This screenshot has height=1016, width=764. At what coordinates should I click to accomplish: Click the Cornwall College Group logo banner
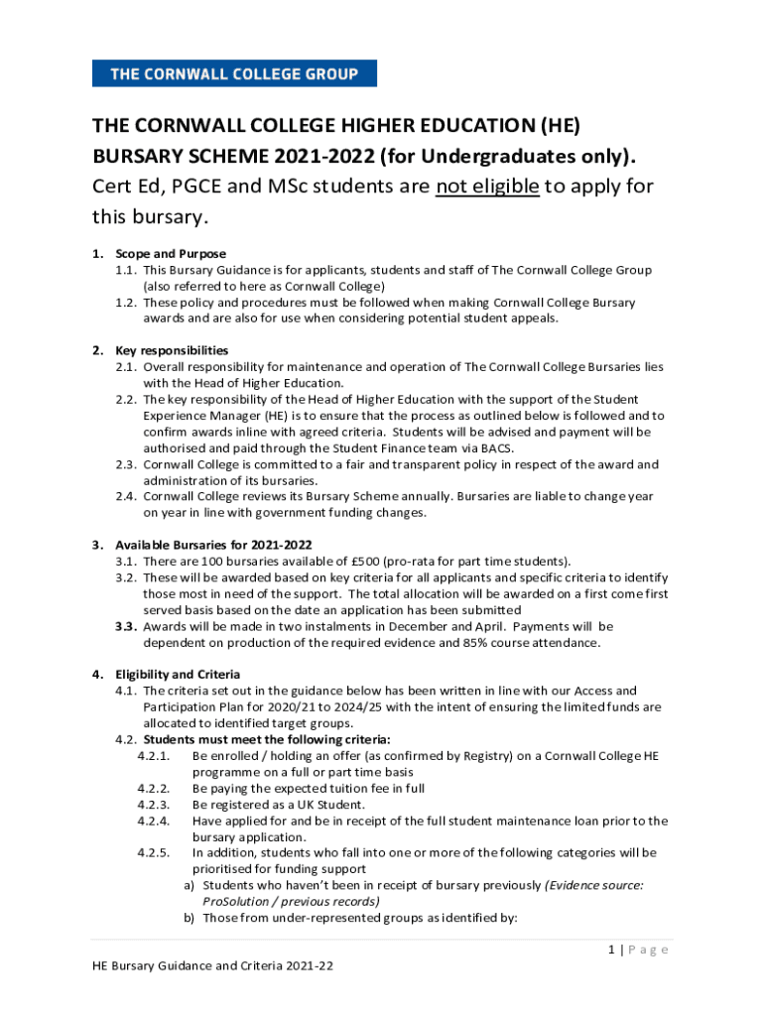[x=234, y=72]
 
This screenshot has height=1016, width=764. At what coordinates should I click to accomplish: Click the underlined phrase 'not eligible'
[x=487, y=187]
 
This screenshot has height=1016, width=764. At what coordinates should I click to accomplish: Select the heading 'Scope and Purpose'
[x=171, y=254]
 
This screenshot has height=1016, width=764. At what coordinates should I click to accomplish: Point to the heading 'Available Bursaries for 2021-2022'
[x=213, y=545]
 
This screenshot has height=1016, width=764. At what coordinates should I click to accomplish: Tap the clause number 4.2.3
[x=154, y=805]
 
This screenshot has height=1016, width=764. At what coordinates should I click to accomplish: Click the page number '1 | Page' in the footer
[x=639, y=951]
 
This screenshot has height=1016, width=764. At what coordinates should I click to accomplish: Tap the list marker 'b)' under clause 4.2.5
[x=188, y=918]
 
